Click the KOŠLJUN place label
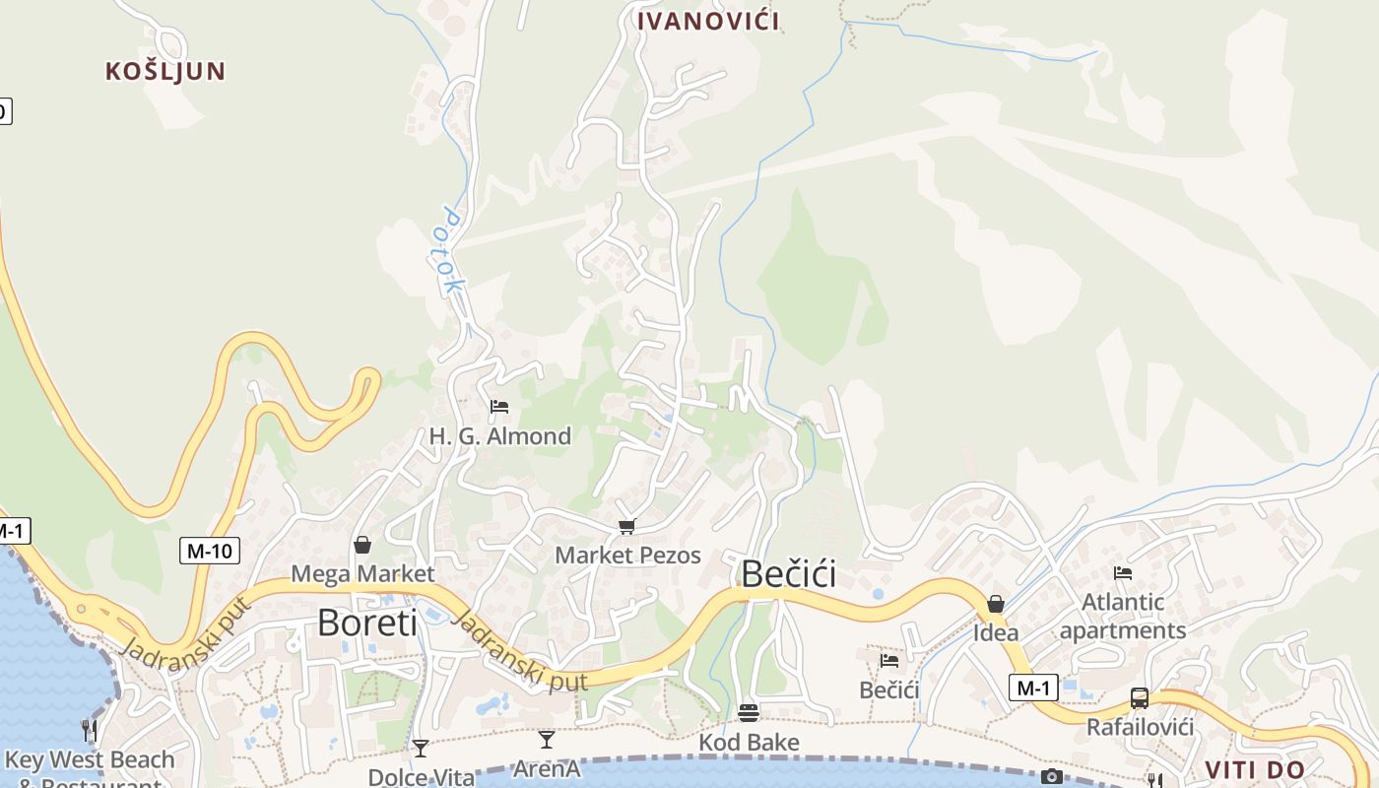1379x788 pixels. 165,71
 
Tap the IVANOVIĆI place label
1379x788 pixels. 708,21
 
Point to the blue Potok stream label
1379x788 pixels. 452,251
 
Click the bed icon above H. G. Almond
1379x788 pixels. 499,407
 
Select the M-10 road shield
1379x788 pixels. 210,551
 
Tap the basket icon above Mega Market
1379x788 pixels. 362,545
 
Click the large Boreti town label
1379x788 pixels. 367,623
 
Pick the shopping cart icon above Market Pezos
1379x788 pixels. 626,527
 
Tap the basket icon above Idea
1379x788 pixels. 996,604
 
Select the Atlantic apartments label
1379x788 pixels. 1123,616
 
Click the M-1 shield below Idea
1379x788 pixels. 1032,688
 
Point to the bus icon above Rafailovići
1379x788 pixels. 1140,698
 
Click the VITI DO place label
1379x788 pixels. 1255,770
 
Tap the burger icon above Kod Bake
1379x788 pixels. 749,712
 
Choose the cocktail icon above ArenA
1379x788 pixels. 547,740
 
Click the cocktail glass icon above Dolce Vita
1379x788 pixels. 421,749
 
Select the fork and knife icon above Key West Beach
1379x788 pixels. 90,730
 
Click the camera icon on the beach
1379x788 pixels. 1052,777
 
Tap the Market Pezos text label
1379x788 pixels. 627,556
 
